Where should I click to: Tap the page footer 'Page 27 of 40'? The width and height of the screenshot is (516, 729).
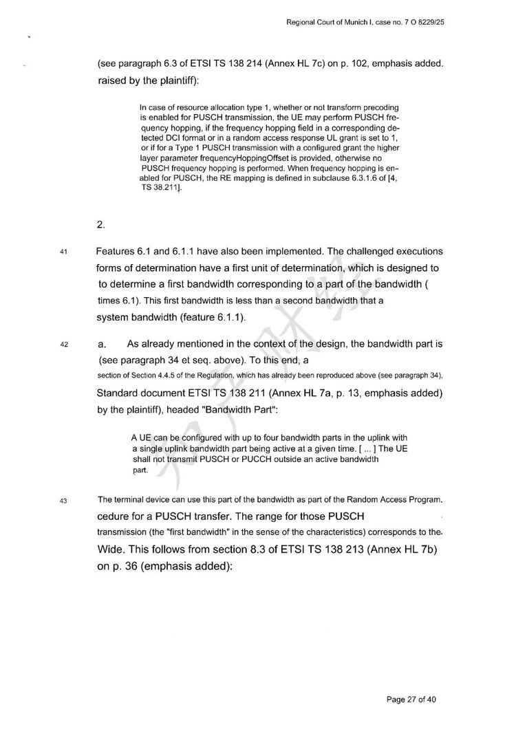pyautogui.click(x=411, y=699)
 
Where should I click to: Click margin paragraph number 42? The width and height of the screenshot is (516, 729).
pyautogui.click(x=63, y=345)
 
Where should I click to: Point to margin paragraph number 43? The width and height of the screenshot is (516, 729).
pyautogui.click(x=63, y=500)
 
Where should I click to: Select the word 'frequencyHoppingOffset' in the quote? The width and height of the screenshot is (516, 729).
pyautogui.click(x=226, y=157)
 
